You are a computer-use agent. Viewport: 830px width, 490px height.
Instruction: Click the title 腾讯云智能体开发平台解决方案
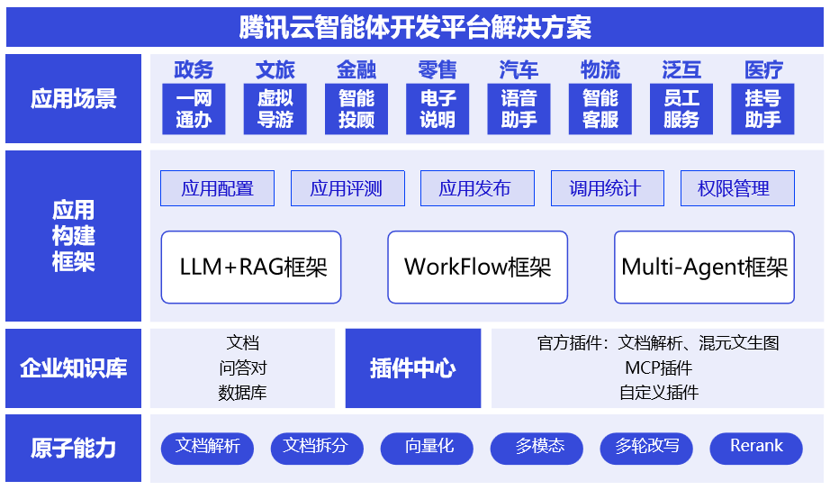[415, 27]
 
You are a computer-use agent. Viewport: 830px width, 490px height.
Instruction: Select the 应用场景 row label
[74, 98]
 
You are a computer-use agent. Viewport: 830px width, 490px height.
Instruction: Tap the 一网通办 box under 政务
[194, 109]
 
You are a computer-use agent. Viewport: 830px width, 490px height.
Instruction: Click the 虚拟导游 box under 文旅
[275, 109]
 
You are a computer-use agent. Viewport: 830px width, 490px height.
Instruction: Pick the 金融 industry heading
[356, 69]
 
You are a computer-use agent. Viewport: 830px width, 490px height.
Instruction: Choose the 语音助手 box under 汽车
[519, 109]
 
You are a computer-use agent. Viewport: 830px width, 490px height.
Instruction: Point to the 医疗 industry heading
[763, 69]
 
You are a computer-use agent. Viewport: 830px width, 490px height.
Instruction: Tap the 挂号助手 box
[762, 109]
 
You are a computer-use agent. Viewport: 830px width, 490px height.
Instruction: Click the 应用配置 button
[217, 188]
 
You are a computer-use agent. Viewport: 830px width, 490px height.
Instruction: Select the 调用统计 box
[606, 188]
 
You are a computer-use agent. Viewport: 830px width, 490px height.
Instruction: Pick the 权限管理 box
[736, 188]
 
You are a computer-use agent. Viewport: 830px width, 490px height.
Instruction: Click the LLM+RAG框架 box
[251, 268]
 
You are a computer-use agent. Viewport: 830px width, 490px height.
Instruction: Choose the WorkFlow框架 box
[477, 268]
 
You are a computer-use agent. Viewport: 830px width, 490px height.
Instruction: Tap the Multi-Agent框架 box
[704, 268]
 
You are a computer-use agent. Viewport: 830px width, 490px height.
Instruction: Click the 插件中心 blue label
[413, 368]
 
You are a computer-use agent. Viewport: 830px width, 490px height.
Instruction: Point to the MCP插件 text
[658, 367]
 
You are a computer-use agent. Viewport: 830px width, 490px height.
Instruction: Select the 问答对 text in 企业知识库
[242, 367]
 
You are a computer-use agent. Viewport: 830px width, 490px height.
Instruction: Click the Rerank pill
[755, 448]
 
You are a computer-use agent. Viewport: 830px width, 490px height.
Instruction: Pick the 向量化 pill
[429, 448]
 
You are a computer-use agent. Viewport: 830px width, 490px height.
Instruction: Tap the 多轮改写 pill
[645, 448]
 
